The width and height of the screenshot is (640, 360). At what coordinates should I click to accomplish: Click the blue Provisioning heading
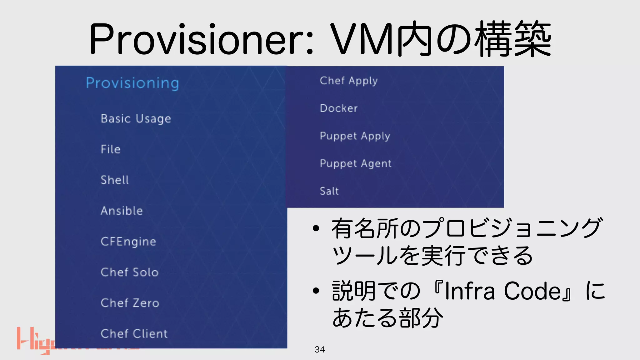(x=132, y=83)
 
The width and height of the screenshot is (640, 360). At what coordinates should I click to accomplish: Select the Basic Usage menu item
(x=136, y=119)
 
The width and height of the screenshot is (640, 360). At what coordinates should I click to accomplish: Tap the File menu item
(x=111, y=149)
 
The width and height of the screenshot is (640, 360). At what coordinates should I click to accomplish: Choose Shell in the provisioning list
(x=115, y=180)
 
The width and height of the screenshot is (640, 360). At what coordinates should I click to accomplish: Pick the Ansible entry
(x=122, y=211)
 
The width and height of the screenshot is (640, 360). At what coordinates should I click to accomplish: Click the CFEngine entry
(x=128, y=242)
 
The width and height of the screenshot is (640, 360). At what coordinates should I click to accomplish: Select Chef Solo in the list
(x=130, y=272)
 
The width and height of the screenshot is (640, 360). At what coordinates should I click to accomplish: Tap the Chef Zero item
(x=130, y=303)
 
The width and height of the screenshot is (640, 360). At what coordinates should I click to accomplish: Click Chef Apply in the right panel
(x=349, y=81)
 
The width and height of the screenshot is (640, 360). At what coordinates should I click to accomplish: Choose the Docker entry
(x=339, y=108)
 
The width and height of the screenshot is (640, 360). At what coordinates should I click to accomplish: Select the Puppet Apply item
(x=355, y=136)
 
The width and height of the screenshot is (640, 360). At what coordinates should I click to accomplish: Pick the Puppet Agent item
(x=356, y=164)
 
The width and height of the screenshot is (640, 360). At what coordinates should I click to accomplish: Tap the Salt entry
(x=329, y=191)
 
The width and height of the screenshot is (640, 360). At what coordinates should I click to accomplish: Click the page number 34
(x=320, y=349)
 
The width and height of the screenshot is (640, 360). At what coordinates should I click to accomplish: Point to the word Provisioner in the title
(x=200, y=40)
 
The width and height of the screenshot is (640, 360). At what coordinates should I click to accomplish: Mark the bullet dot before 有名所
(x=316, y=228)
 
